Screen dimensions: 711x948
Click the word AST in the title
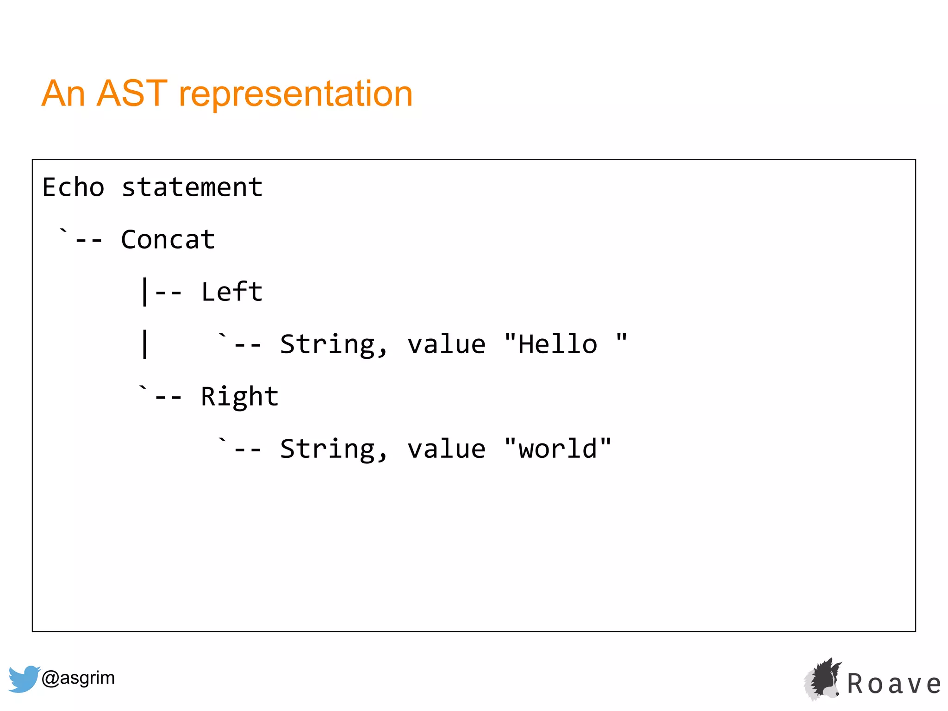132,94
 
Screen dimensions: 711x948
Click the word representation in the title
295,94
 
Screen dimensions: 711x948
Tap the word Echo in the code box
73,187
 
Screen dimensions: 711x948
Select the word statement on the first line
192,187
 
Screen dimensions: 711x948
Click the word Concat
168,240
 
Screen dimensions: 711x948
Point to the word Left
231,292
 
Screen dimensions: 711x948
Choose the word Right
239,397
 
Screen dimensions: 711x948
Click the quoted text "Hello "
565,344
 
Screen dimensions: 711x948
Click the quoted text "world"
558,449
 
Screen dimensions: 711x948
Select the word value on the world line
446,449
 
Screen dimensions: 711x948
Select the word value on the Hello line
446,345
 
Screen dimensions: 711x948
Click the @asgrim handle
78,678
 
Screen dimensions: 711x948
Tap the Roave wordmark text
894,684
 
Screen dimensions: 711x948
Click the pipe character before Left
145,292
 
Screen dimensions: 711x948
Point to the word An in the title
63,94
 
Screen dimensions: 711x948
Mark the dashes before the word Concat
88,241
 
